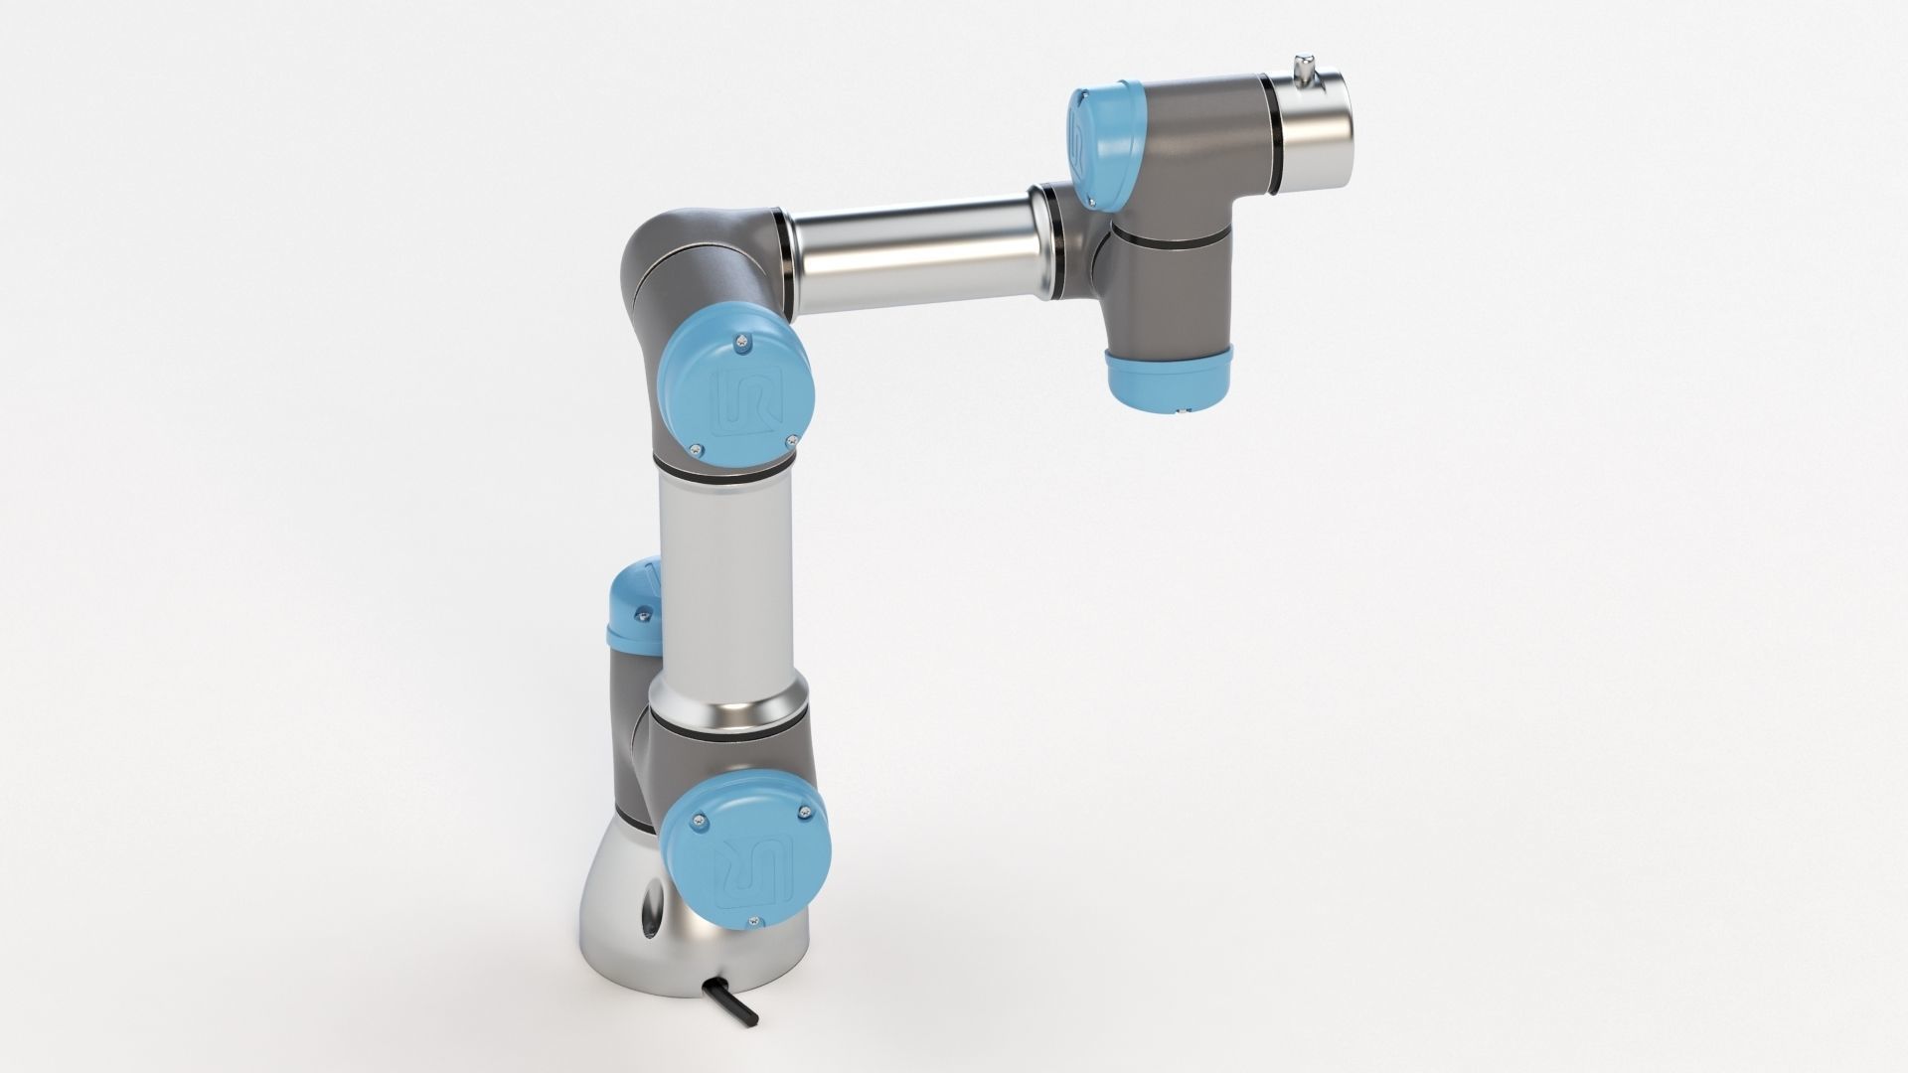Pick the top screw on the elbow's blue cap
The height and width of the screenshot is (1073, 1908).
point(742,343)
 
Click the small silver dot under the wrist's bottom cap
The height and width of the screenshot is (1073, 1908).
point(1182,408)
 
